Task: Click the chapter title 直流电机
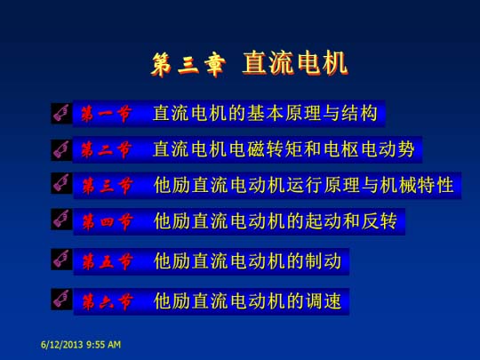pos(295,63)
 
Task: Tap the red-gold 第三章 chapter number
pos(188,64)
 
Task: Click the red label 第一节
pos(107,114)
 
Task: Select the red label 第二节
pos(107,149)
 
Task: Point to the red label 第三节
pos(108,186)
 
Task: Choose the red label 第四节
pos(108,221)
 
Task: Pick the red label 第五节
pos(108,261)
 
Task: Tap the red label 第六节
pos(108,301)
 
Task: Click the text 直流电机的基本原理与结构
pos(265,113)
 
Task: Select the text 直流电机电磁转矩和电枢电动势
pos(284,149)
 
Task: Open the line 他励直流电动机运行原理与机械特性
pos(304,185)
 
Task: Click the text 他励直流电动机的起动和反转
pos(276,221)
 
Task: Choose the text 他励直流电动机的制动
pos(247,261)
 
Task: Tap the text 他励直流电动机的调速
pos(247,301)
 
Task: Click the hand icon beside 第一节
pos(61,113)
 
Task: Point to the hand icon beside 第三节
pos(61,183)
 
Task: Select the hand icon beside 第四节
pos(61,219)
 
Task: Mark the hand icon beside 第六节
pos(61,299)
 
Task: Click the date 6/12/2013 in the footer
pos(62,345)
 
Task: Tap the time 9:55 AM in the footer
pos(103,345)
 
